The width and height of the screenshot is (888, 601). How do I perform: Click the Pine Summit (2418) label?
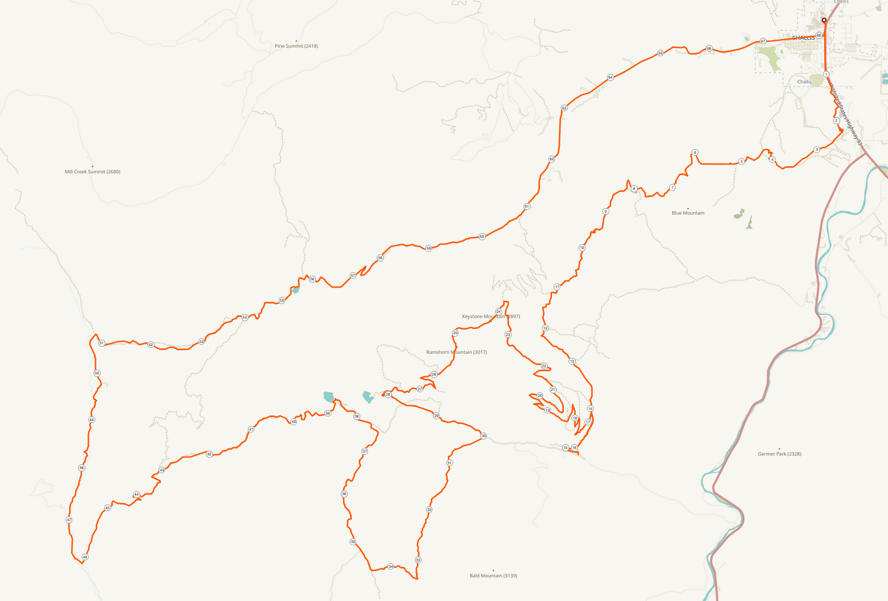click(296, 46)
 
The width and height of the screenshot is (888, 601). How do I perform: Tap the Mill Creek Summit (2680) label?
click(92, 172)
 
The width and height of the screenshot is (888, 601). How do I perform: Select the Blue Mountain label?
click(688, 213)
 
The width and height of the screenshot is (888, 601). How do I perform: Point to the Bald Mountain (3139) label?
click(493, 576)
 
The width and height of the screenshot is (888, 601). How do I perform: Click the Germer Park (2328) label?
click(779, 454)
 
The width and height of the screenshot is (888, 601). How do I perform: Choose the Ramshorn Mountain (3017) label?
click(456, 352)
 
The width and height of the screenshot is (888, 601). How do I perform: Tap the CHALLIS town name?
click(803, 38)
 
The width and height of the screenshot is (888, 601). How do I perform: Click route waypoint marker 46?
click(85, 557)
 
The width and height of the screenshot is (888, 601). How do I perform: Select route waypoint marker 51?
click(102, 343)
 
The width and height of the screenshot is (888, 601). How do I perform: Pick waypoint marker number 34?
click(390, 567)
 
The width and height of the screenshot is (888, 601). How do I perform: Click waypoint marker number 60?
click(482, 237)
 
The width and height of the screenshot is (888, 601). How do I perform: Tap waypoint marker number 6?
click(695, 153)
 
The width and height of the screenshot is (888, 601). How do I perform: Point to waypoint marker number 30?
click(483, 436)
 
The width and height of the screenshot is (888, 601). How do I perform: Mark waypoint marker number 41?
click(251, 429)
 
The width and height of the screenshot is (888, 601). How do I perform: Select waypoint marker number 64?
click(611, 77)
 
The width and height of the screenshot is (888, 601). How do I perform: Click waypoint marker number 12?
click(545, 328)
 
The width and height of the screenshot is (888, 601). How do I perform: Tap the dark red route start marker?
click(824, 20)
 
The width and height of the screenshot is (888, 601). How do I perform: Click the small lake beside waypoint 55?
click(295, 290)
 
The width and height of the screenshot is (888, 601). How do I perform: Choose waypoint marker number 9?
click(606, 212)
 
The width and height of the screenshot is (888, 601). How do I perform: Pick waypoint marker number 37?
click(365, 451)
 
